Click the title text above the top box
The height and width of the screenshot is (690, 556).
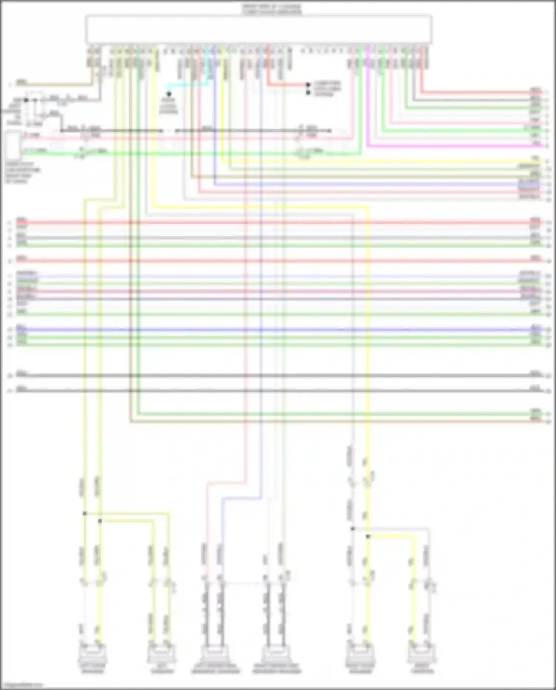coord(272,9)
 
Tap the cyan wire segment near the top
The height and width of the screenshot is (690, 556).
coord(185,85)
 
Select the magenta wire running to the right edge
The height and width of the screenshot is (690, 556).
coord(445,146)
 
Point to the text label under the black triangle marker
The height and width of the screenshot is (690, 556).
coord(168,106)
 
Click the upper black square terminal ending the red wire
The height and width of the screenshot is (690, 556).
coord(308,85)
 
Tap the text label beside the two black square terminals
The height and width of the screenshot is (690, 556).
coord(327,89)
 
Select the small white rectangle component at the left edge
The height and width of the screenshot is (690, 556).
coord(13,145)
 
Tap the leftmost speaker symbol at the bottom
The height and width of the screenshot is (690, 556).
coord(92,655)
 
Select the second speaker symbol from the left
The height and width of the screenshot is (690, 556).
coord(162,655)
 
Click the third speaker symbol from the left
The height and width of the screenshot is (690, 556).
coord(215,655)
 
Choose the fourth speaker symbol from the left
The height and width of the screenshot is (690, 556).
coord(276,655)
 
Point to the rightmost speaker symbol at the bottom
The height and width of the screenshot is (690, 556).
coord(422,655)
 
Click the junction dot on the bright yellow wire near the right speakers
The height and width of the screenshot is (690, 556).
coord(368,536)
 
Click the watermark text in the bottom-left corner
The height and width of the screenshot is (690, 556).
coord(22,685)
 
